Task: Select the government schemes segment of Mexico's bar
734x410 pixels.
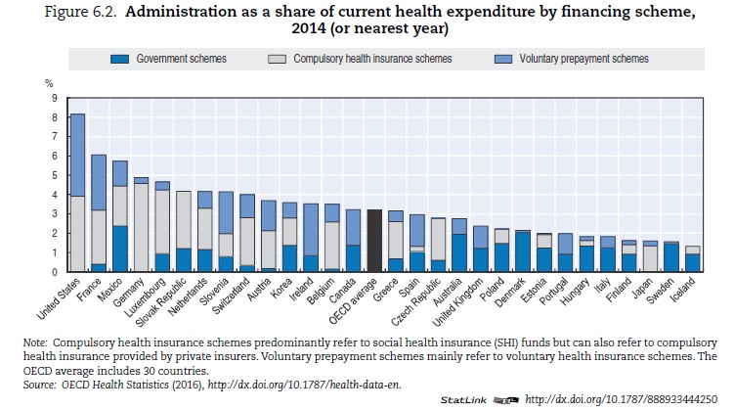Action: [120, 249]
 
